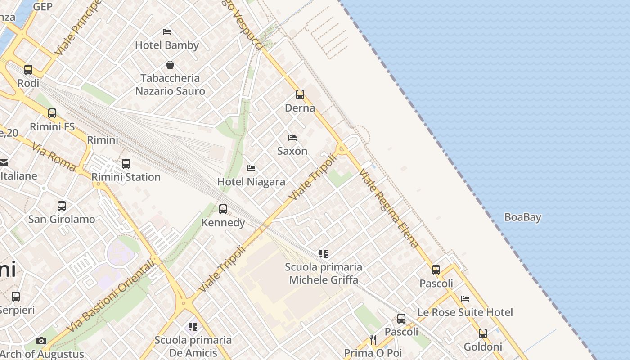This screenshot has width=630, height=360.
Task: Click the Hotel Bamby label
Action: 167,45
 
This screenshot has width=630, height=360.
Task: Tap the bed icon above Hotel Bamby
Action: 167,32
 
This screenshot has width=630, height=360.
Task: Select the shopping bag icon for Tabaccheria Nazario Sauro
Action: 170,65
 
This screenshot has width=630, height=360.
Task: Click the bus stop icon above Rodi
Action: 28,70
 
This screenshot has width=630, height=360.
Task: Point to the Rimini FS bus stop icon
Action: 52,113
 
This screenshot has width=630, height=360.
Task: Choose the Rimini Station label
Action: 126,177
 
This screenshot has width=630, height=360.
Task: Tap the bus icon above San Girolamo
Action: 62,206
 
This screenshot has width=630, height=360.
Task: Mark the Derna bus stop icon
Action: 300,94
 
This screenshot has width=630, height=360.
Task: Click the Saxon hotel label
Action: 292,151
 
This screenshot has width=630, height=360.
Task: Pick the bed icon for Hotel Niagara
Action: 251,168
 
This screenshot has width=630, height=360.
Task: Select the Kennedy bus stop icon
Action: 223,209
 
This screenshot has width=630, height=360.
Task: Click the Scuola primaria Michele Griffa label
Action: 324,273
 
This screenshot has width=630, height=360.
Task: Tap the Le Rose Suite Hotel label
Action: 465,312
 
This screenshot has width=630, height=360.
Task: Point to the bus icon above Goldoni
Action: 483,333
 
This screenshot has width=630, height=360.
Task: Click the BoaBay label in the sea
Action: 522,217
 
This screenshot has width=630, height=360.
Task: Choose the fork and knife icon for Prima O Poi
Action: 373,340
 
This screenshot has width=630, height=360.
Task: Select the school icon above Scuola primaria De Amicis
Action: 193,327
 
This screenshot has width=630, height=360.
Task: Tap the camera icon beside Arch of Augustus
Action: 41,341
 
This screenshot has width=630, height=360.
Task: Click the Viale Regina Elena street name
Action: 390,209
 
